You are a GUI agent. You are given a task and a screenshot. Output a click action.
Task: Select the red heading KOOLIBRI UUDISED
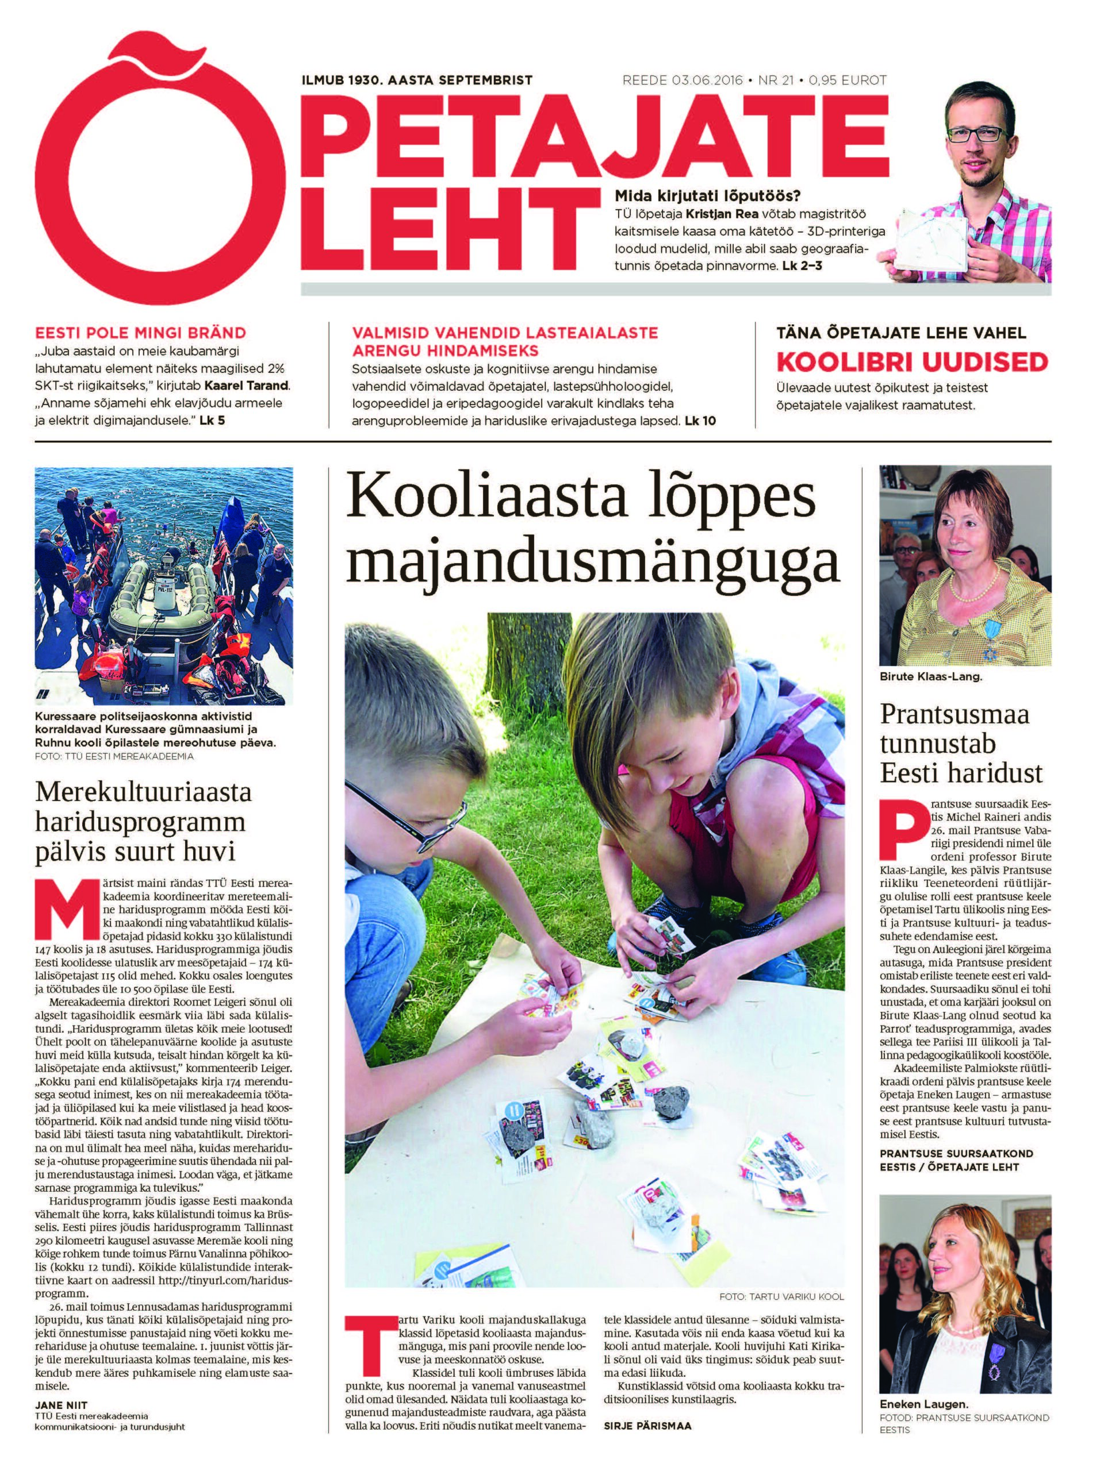913,362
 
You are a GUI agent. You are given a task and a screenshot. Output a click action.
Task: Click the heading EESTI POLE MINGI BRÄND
140,333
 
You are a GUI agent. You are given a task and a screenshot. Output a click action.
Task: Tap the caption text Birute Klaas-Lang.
930,677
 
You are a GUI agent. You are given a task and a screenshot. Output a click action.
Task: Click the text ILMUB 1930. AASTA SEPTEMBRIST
417,80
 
